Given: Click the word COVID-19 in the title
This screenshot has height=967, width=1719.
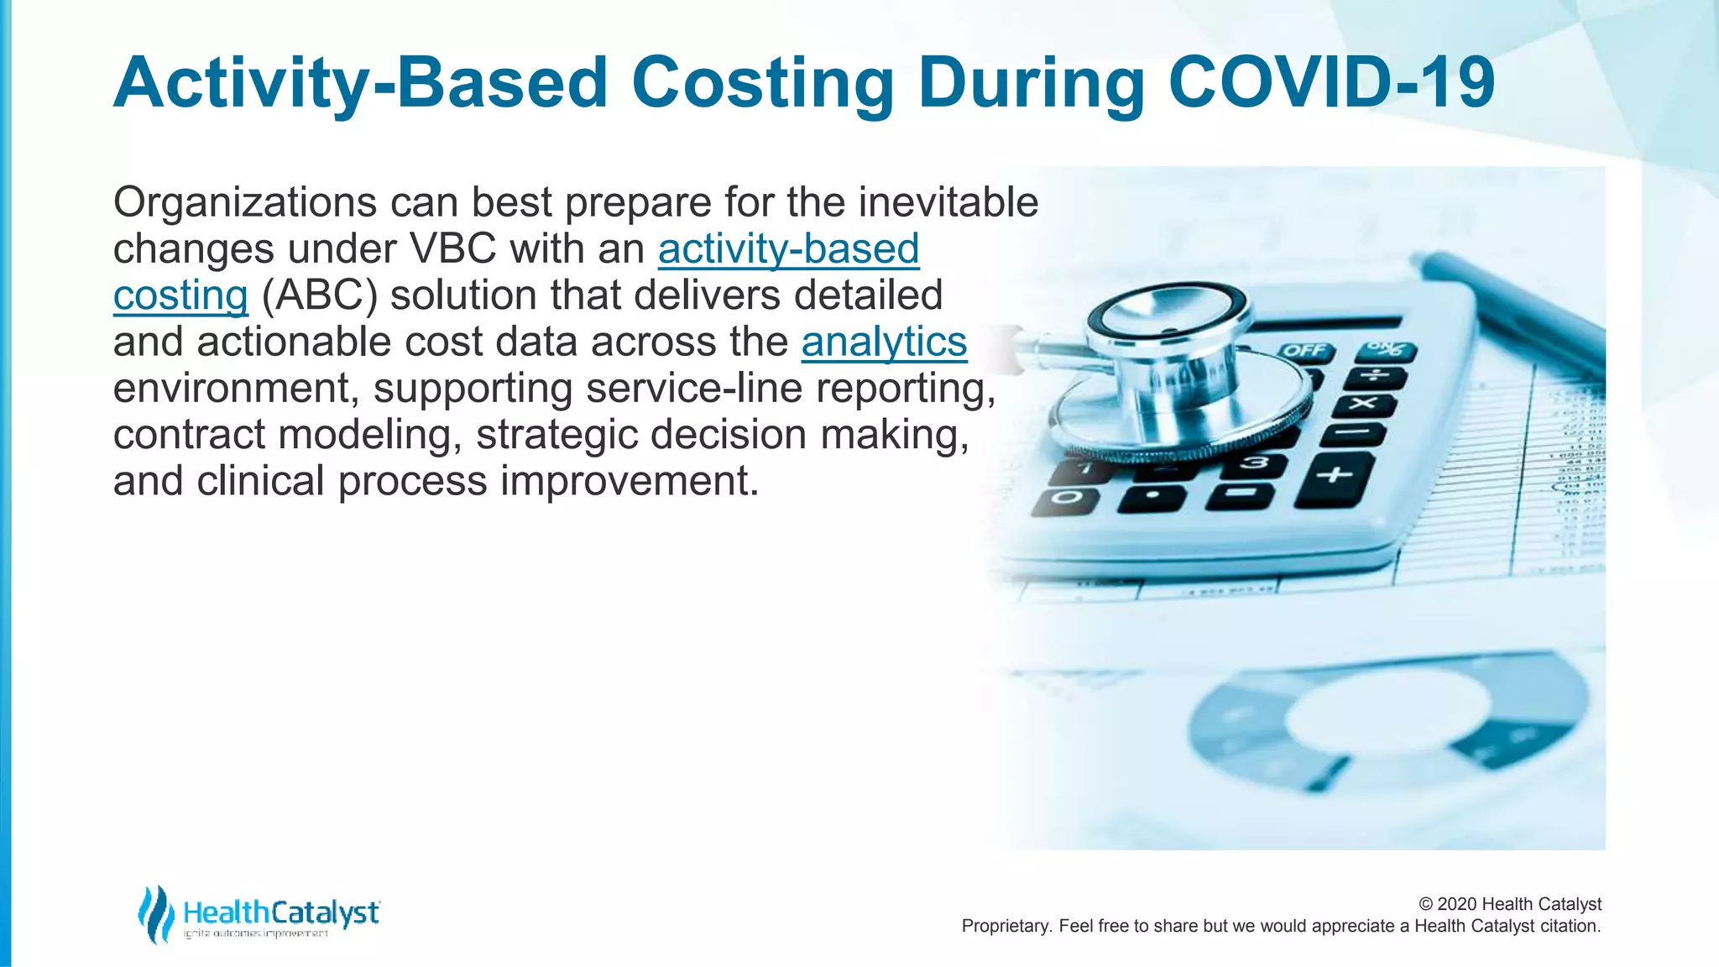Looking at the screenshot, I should tap(1331, 82).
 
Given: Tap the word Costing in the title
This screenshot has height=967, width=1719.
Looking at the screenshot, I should tap(762, 84).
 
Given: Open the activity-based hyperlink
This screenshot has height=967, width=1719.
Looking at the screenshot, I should tap(788, 249).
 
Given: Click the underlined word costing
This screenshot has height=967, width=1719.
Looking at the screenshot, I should tap(180, 295).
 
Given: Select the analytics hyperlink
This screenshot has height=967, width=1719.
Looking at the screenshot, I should tap(884, 342).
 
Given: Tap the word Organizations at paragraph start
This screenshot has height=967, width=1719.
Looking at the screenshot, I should tap(245, 203).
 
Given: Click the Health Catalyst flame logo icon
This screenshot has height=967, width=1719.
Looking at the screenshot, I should tap(155, 913).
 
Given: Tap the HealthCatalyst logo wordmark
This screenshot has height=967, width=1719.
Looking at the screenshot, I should tap(281, 912).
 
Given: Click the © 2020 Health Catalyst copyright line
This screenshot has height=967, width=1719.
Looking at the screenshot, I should tap(1509, 904).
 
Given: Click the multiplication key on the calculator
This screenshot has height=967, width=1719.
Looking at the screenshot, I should tap(1364, 405).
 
